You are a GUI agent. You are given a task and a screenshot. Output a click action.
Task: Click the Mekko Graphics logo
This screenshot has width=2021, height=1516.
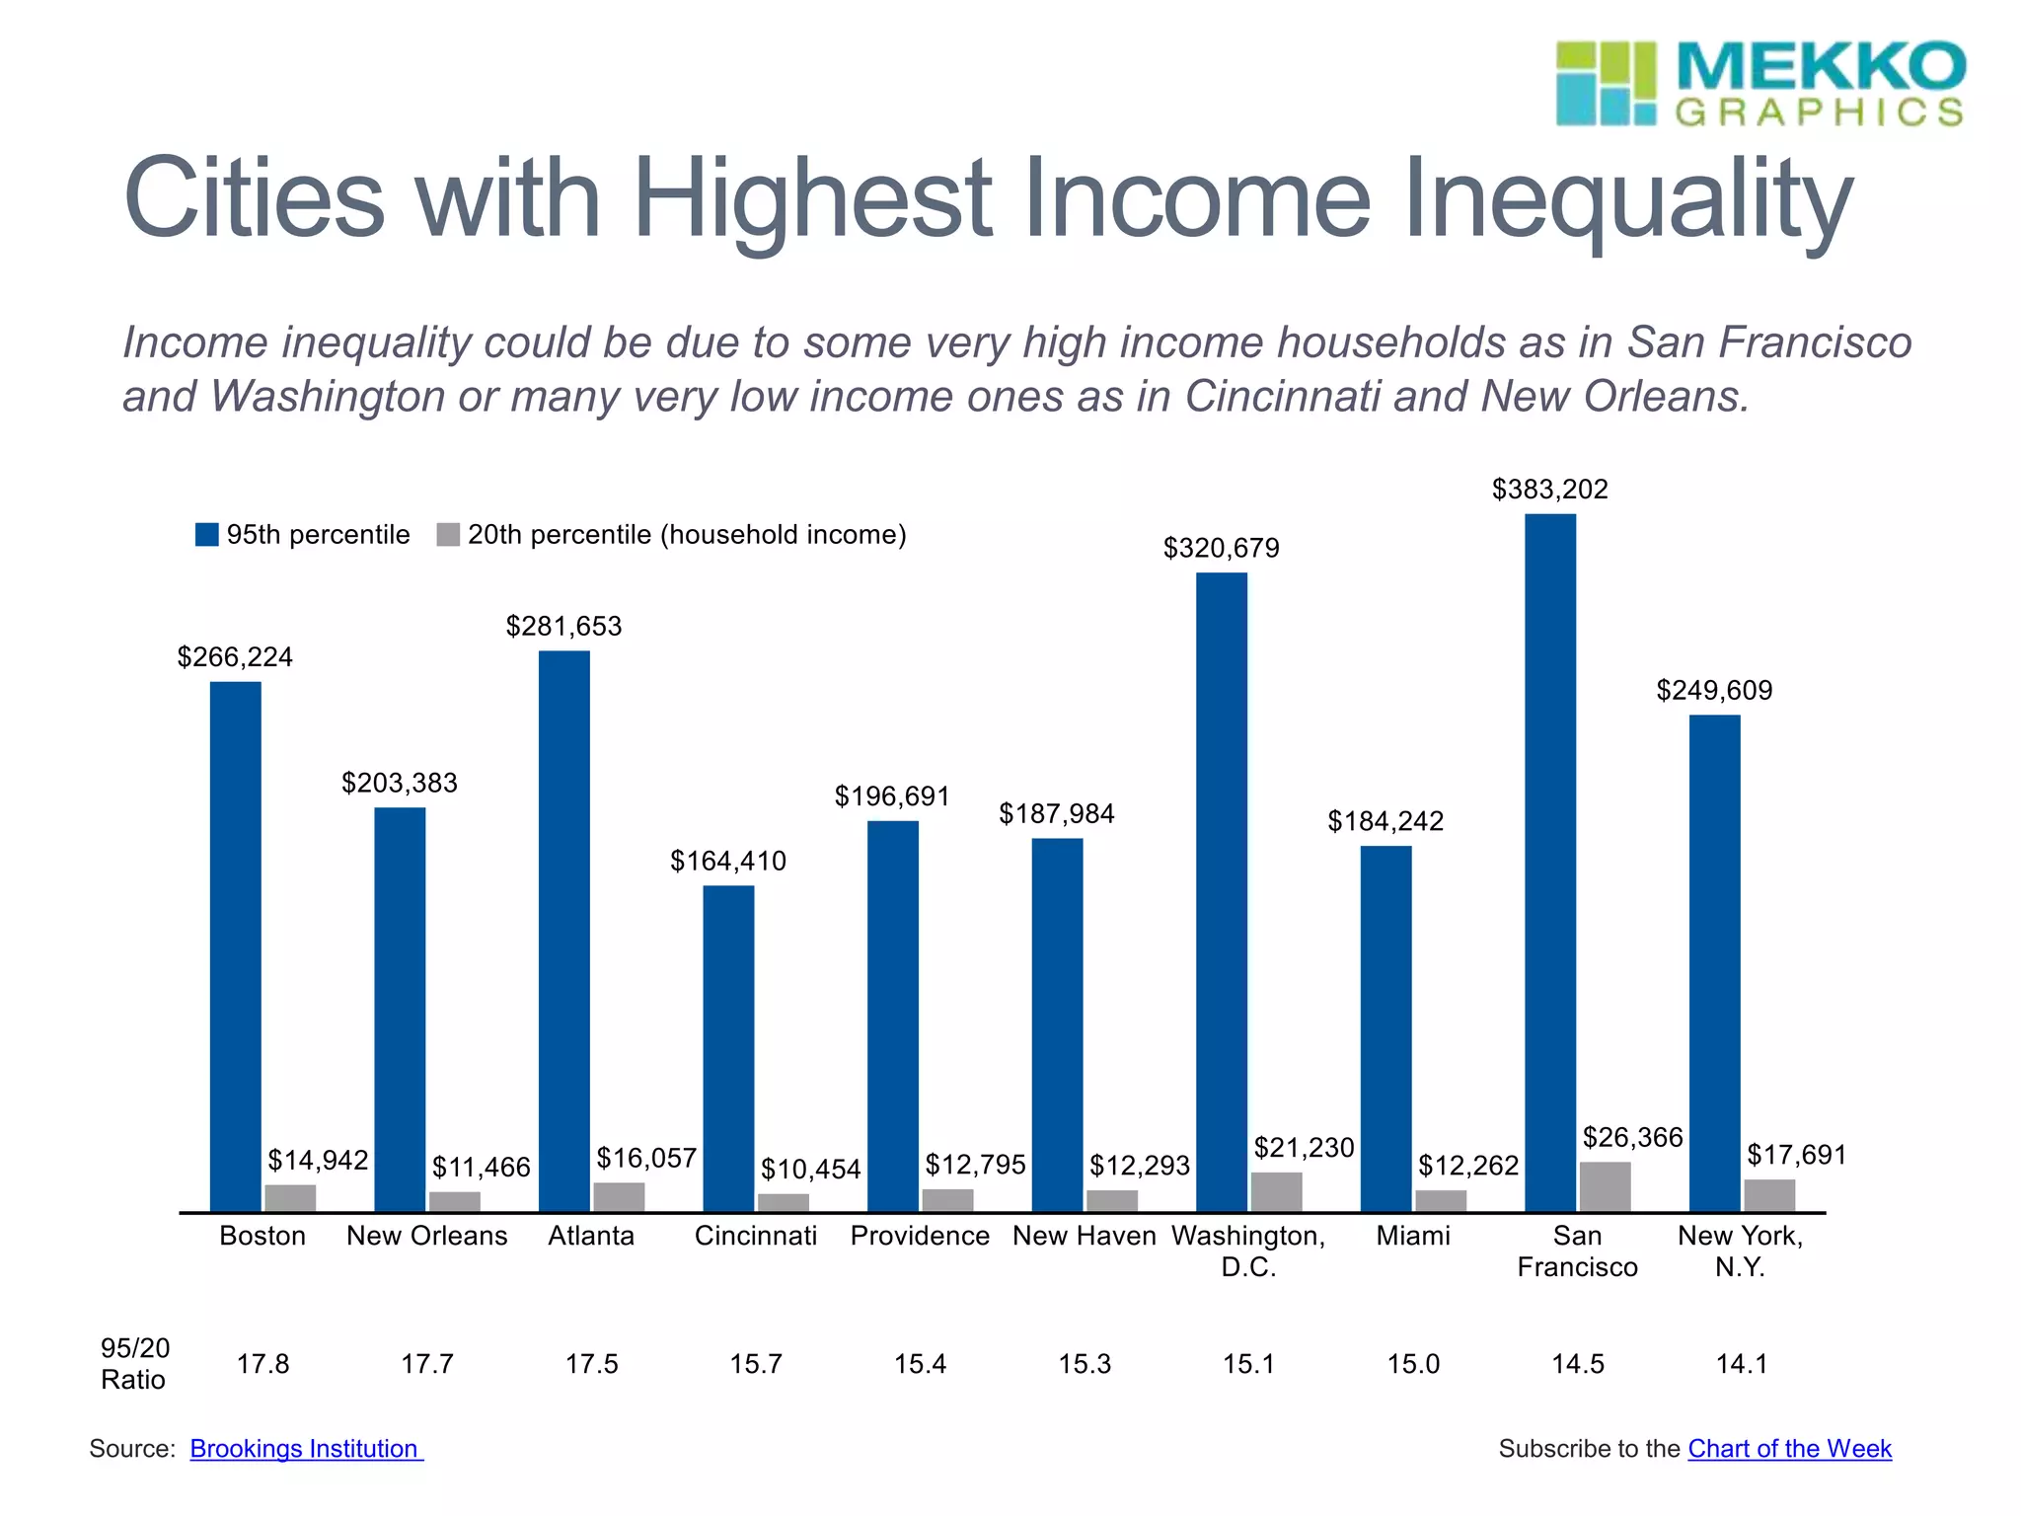[x=1759, y=84]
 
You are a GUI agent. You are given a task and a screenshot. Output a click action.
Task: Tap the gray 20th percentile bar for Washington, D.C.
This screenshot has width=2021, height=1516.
[x=1276, y=1191]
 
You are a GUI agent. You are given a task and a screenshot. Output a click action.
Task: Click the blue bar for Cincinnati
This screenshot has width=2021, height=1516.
[x=728, y=1047]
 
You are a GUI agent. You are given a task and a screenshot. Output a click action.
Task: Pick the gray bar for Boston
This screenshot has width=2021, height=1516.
[x=290, y=1197]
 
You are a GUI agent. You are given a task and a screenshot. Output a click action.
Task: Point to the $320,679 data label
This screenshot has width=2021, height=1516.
[x=1221, y=549]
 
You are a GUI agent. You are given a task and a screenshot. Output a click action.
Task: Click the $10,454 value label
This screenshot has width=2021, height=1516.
[x=810, y=1170]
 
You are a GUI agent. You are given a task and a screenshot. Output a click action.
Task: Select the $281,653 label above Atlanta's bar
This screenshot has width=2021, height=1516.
[x=563, y=627]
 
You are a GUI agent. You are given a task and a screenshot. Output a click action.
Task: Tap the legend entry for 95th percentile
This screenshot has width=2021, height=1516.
[x=303, y=535]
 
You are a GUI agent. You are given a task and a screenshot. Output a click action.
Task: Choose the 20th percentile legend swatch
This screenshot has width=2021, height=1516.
[x=448, y=535]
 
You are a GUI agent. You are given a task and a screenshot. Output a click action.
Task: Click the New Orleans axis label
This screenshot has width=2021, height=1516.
[x=426, y=1236]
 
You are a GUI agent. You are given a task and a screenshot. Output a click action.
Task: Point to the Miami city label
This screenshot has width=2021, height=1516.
[x=1413, y=1236]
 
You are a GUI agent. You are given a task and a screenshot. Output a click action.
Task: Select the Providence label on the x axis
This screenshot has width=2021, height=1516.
[x=920, y=1236]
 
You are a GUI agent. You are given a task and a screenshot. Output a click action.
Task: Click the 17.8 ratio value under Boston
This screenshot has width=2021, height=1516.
[x=262, y=1364]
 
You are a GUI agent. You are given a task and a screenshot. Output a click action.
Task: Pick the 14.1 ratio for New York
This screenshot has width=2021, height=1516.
[x=1742, y=1364]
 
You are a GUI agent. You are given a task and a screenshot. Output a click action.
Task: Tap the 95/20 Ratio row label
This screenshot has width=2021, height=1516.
[x=134, y=1363]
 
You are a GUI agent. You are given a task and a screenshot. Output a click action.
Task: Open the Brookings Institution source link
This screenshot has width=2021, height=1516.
[x=305, y=1448]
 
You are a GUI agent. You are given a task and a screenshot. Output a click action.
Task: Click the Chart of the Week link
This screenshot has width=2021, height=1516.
[x=1789, y=1448]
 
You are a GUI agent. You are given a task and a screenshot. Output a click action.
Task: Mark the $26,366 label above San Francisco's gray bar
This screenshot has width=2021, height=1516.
[x=1632, y=1138]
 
